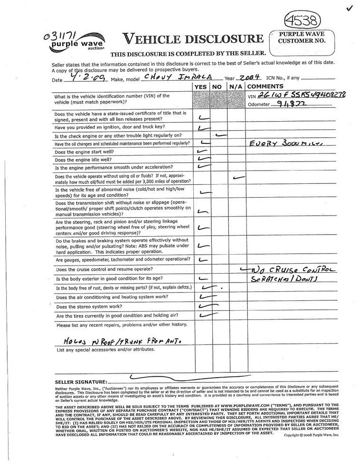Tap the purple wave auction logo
pyautogui.click(x=77, y=42)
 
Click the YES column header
pyautogui.click(x=201, y=86)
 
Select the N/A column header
pyautogui.click(x=236, y=86)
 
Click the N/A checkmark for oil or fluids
pyautogui.click(x=237, y=178)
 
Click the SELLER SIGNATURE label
pyautogui.click(x=80, y=382)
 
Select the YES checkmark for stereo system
pyautogui.click(x=206, y=305)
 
